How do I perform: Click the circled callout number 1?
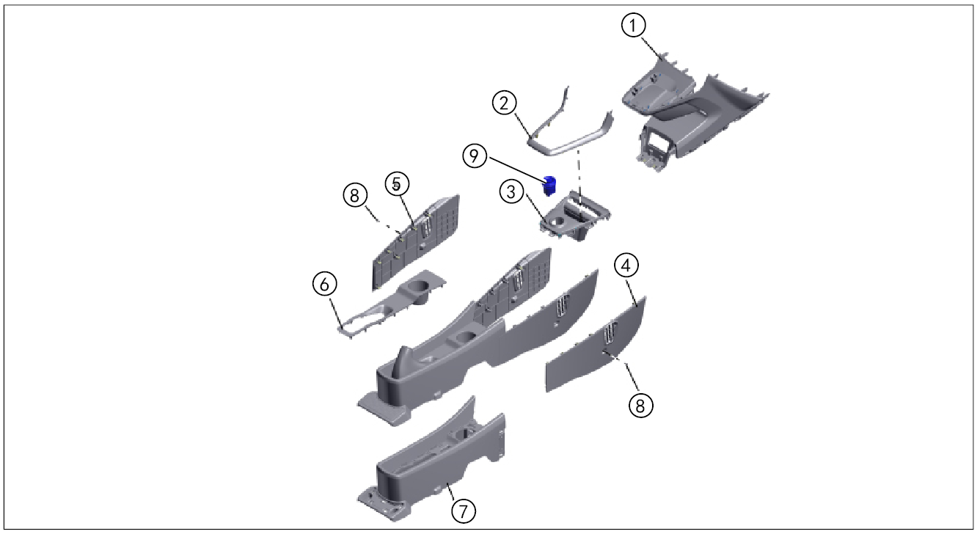pos(633,26)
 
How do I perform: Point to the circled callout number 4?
pos(627,265)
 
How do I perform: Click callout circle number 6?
pos(325,285)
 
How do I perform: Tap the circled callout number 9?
pos(476,156)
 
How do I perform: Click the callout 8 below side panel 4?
pos(640,406)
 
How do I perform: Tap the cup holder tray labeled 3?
pos(576,216)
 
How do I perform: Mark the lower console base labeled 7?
pos(433,462)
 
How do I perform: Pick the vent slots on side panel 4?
pos(608,336)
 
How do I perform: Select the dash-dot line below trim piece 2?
pos(579,172)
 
